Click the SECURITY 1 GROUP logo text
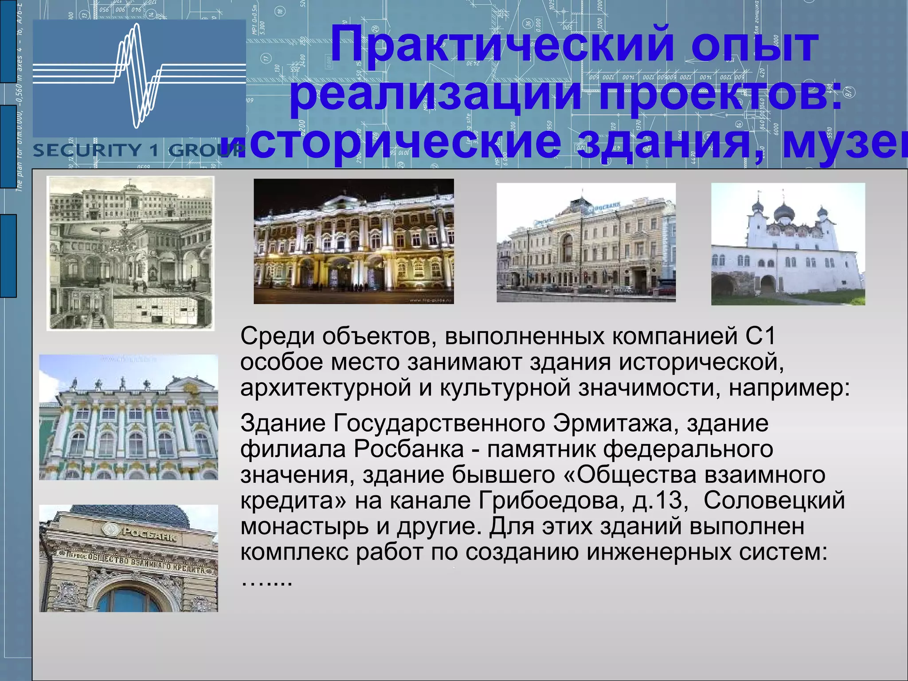(129, 150)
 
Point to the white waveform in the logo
(137, 73)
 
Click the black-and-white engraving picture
(130, 253)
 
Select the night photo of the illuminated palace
(353, 241)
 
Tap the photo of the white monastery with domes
(788, 244)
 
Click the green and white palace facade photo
(129, 417)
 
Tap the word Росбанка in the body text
(408, 449)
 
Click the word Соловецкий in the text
(774, 501)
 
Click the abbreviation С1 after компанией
(760, 336)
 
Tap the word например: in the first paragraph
(789, 387)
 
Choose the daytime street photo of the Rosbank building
(586, 243)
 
